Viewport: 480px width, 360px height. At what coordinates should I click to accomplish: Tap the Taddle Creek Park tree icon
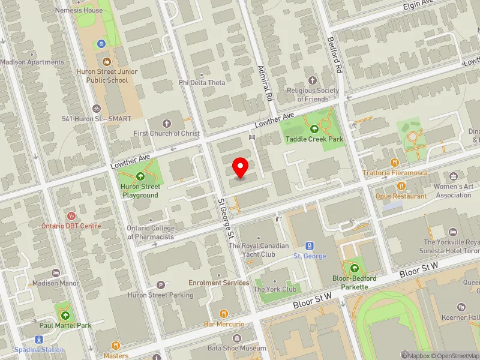point(313,128)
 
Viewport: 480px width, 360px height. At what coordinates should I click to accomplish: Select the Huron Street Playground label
point(140,191)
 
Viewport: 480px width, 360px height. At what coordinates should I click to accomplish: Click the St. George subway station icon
point(310,245)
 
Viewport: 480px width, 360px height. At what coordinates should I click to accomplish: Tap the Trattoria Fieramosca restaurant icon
point(394,162)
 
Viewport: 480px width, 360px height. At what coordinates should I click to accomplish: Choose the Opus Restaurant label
point(401,196)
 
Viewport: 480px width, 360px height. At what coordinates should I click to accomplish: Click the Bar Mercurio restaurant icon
point(224,313)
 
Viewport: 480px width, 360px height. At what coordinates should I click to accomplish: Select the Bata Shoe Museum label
point(236,348)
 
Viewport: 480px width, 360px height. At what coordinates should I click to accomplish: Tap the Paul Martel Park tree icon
point(65,315)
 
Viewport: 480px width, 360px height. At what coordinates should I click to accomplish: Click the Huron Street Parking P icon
point(160,285)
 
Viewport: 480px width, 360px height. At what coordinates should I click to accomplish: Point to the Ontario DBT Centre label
point(71,226)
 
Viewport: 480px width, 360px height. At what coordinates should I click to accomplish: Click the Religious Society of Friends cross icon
point(312,80)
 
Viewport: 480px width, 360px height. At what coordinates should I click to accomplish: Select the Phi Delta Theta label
point(202,82)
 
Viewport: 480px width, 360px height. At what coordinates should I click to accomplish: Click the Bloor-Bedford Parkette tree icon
point(354,268)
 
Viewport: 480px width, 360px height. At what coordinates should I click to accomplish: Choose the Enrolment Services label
point(219,283)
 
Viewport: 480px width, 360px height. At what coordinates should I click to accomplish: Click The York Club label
point(275,289)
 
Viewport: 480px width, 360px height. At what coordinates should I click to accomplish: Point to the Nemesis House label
point(79,10)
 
